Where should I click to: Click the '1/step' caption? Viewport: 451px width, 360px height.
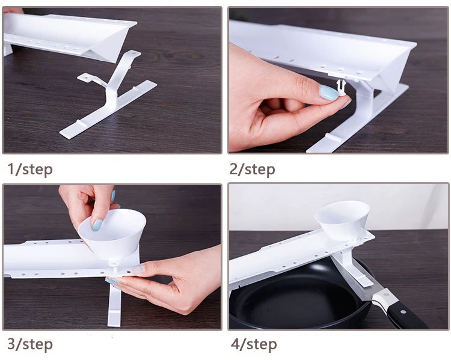click(30, 169)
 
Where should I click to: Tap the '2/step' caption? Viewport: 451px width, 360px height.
click(252, 169)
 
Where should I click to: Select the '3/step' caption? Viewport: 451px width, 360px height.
click(30, 344)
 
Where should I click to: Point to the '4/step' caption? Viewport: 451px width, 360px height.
click(254, 344)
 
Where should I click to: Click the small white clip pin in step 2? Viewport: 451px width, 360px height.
click(340, 88)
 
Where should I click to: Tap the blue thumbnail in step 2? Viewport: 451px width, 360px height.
click(329, 93)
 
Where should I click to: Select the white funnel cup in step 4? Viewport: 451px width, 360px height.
click(343, 219)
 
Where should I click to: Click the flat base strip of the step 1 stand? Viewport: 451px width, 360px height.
click(108, 109)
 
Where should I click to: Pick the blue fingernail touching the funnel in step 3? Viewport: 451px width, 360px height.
click(97, 225)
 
